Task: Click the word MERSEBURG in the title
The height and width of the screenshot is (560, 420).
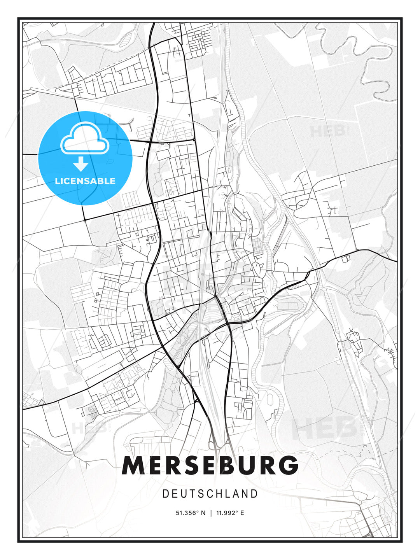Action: [210, 465]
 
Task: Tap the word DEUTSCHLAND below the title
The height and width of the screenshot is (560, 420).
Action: [210, 494]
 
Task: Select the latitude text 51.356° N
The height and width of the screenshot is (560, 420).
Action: [191, 513]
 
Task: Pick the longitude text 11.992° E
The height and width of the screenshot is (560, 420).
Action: [231, 513]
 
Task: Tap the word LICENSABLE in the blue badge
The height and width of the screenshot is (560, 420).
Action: [85, 181]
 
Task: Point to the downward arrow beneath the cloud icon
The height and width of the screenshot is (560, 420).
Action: [81, 164]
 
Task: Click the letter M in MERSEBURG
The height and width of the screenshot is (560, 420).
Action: [133, 465]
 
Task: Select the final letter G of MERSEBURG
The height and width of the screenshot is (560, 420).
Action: [288, 465]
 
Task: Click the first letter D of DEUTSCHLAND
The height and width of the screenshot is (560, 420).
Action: [165, 494]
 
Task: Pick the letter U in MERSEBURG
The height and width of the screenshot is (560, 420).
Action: [246, 465]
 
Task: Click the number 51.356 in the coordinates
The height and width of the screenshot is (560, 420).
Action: [187, 513]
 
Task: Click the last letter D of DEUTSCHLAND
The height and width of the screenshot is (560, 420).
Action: [255, 494]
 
